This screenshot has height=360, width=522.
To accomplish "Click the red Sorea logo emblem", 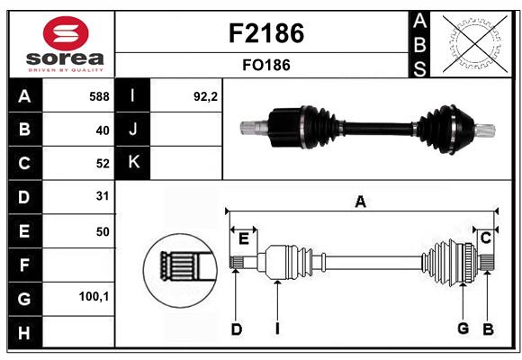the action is [x=66, y=33].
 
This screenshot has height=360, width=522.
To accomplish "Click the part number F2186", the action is [x=266, y=33].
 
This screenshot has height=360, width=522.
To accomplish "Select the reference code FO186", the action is [x=266, y=65].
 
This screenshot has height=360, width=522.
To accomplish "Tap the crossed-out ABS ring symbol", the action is [x=475, y=44].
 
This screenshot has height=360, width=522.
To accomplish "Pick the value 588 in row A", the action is [x=99, y=96].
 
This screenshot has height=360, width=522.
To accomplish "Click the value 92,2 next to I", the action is [x=205, y=96].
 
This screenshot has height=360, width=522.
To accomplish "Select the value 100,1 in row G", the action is [x=94, y=296].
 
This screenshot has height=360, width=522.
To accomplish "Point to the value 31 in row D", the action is [x=103, y=196].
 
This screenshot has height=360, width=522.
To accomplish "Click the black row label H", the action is [x=25, y=332].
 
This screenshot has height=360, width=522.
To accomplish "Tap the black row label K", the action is [x=133, y=162].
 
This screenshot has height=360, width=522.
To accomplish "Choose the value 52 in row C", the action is [x=103, y=164].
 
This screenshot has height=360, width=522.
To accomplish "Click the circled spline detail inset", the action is [x=180, y=270].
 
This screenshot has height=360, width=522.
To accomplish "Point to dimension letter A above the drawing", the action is [x=361, y=202].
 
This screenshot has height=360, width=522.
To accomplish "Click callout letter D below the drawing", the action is [x=237, y=329].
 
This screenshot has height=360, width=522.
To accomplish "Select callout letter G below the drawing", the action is [x=463, y=328].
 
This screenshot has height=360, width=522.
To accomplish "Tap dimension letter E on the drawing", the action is [x=244, y=238].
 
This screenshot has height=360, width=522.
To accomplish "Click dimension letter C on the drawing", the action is [x=486, y=238].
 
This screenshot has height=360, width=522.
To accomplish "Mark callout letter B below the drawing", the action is [x=488, y=329].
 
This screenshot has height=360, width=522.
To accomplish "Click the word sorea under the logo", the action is [x=65, y=58].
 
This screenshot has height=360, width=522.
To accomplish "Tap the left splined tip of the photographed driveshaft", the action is [x=248, y=128].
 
